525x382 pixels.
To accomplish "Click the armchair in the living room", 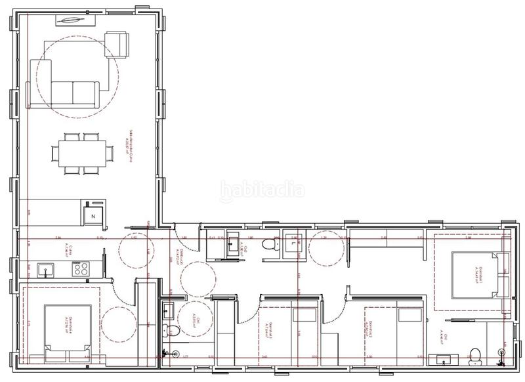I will [x=117, y=43].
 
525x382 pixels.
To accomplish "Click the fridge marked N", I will [x=93, y=215].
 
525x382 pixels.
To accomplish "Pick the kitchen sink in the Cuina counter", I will [x=46, y=269].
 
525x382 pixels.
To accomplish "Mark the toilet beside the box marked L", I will [x=270, y=245].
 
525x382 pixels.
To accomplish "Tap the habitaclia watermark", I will [x=262, y=190].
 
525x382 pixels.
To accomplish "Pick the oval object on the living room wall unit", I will [x=68, y=19].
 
